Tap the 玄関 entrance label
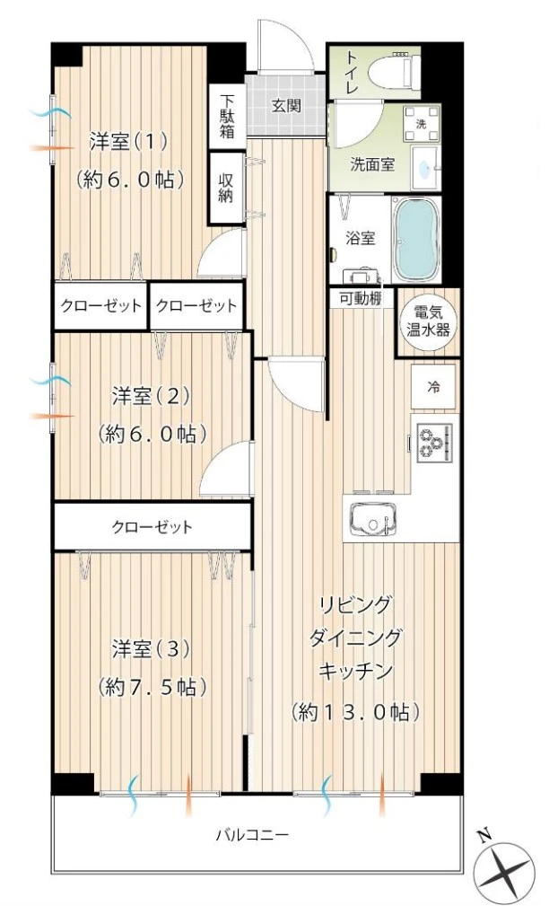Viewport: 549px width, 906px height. (x=286, y=105)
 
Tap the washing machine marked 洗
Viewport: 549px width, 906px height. (x=422, y=124)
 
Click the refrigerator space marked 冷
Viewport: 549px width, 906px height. (x=434, y=388)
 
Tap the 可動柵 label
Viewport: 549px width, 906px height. (x=361, y=299)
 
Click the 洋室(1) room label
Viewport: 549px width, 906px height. (x=129, y=142)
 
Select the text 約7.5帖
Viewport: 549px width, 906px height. (x=152, y=687)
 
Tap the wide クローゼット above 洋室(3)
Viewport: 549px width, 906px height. (x=152, y=527)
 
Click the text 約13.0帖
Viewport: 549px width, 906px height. (x=355, y=712)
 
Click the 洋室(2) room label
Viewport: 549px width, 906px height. (x=152, y=396)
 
